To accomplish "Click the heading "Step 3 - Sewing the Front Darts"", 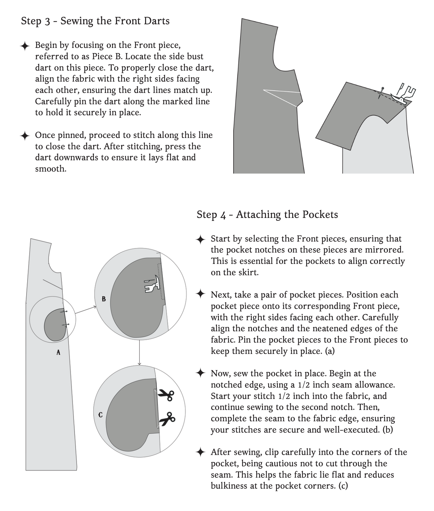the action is pyautogui.click(x=95, y=21).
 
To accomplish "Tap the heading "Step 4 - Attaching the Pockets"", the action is pyautogui.click(x=267, y=214).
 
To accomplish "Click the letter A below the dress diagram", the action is pyautogui.click(x=58, y=352).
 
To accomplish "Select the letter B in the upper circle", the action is pyautogui.click(x=104, y=299).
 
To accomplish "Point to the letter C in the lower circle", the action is pyautogui.click(x=100, y=414).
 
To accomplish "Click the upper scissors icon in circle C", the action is pyautogui.click(x=166, y=395).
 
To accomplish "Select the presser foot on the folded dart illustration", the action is pyautogui.click(x=403, y=94).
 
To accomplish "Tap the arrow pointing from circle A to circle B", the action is pyautogui.click(x=85, y=310).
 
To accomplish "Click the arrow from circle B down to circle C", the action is pyautogui.click(x=140, y=353).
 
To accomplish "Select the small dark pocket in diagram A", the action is pyautogui.click(x=55, y=325).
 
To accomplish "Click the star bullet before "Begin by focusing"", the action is pyautogui.click(x=25, y=46).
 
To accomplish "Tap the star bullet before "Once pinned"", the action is pyautogui.click(x=25, y=136).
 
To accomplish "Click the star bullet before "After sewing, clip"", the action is pyautogui.click(x=200, y=452).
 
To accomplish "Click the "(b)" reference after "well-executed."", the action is pyautogui.click(x=388, y=430).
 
